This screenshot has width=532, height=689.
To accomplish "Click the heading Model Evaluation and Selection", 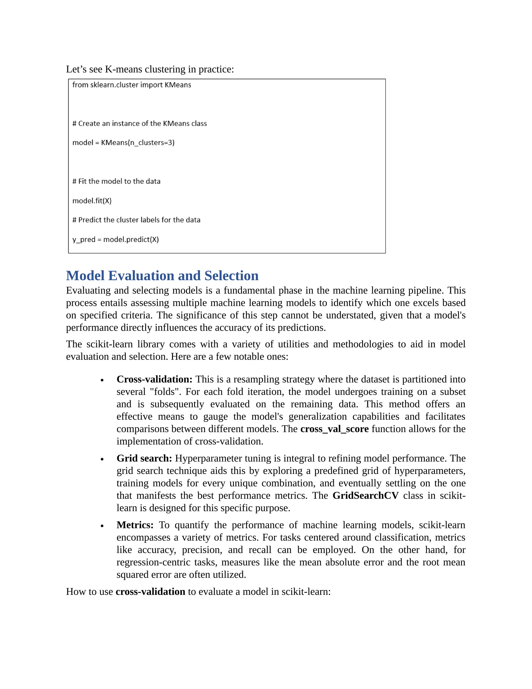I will tap(162, 275).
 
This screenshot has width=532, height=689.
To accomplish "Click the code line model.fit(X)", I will tap(92, 201).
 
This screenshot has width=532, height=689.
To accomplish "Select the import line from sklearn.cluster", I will tap(131, 85).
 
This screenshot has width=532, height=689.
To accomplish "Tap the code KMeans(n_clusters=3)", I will tap(137, 142).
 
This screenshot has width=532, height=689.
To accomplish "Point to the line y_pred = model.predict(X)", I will tap(115, 239).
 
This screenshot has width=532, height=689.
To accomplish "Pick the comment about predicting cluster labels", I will tap(136, 220).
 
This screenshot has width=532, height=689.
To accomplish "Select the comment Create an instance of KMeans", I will tap(139, 123).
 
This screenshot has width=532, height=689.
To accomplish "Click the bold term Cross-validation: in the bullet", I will tap(154, 379).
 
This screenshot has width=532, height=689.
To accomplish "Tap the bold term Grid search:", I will tap(144, 458).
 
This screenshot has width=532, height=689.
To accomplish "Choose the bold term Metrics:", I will tap(135, 525).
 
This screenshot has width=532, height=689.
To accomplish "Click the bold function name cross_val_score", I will tap(334, 429).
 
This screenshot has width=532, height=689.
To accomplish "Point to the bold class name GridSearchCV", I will tap(365, 495).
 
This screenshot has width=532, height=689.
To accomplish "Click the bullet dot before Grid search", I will tap(102, 459).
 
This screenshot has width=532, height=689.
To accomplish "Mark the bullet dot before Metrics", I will tap(102, 526).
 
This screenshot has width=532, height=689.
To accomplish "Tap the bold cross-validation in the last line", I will tap(150, 591).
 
